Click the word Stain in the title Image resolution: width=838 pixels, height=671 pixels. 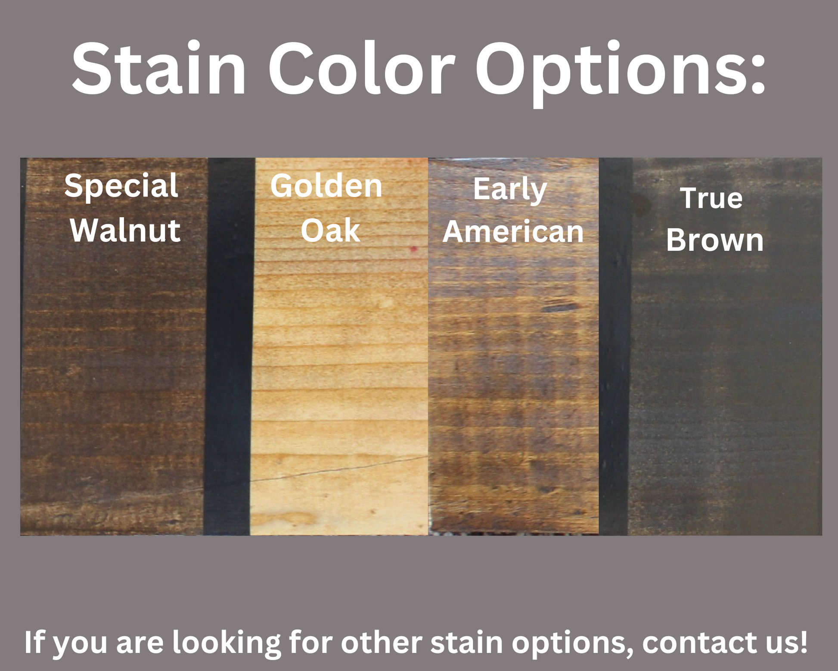click(x=158, y=69)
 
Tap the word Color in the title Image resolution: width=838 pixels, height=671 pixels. click(x=361, y=69)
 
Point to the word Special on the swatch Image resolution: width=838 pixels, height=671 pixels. click(x=121, y=186)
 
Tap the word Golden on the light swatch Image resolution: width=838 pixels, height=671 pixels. click(x=326, y=186)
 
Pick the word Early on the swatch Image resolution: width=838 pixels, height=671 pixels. click(x=510, y=190)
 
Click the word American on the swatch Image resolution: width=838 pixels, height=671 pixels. click(x=513, y=231)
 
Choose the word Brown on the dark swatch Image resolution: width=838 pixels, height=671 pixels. click(x=715, y=240)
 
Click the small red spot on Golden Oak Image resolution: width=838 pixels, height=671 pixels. click(x=413, y=249)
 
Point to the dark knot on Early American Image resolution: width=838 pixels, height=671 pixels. click(x=560, y=307)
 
